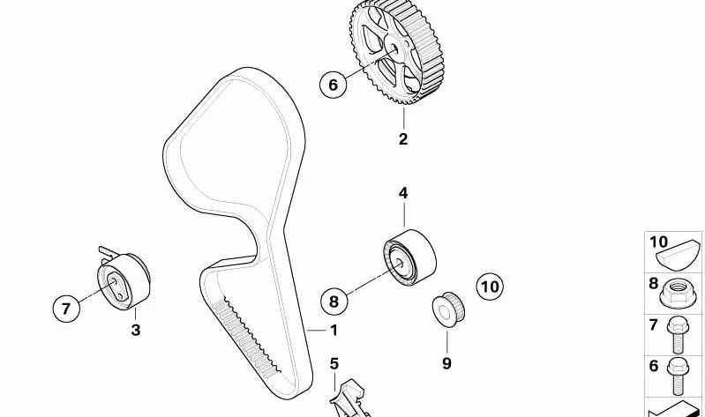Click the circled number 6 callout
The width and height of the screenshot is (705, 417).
pos(334,85)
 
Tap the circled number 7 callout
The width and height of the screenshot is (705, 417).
pos(66,309)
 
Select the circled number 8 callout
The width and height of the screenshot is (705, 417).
pos(334,301)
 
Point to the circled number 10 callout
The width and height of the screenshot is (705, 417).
pos(490,287)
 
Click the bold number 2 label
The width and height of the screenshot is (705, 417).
pos(403,138)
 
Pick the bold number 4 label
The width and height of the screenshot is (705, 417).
pos(403,193)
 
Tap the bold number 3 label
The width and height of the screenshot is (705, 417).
pos(135,331)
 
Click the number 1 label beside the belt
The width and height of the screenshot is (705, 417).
pos(334,331)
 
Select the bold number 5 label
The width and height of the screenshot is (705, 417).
pos(334,363)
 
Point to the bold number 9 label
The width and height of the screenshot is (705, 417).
pos(446,363)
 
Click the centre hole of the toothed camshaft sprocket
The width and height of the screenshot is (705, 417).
pos(393,48)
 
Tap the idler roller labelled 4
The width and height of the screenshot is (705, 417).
pos(409,258)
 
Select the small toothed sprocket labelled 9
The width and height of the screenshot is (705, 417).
pos(448,309)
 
